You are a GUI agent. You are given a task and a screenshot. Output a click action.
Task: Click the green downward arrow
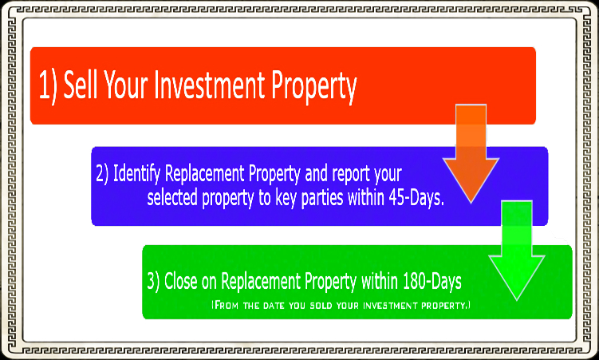coord(514,251)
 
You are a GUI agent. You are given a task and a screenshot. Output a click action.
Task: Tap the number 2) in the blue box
coord(102,172)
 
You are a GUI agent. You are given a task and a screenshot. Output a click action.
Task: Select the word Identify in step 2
coord(140,172)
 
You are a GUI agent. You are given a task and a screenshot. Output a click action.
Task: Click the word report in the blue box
coord(349,173)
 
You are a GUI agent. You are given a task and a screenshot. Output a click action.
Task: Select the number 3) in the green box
coord(154,282)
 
